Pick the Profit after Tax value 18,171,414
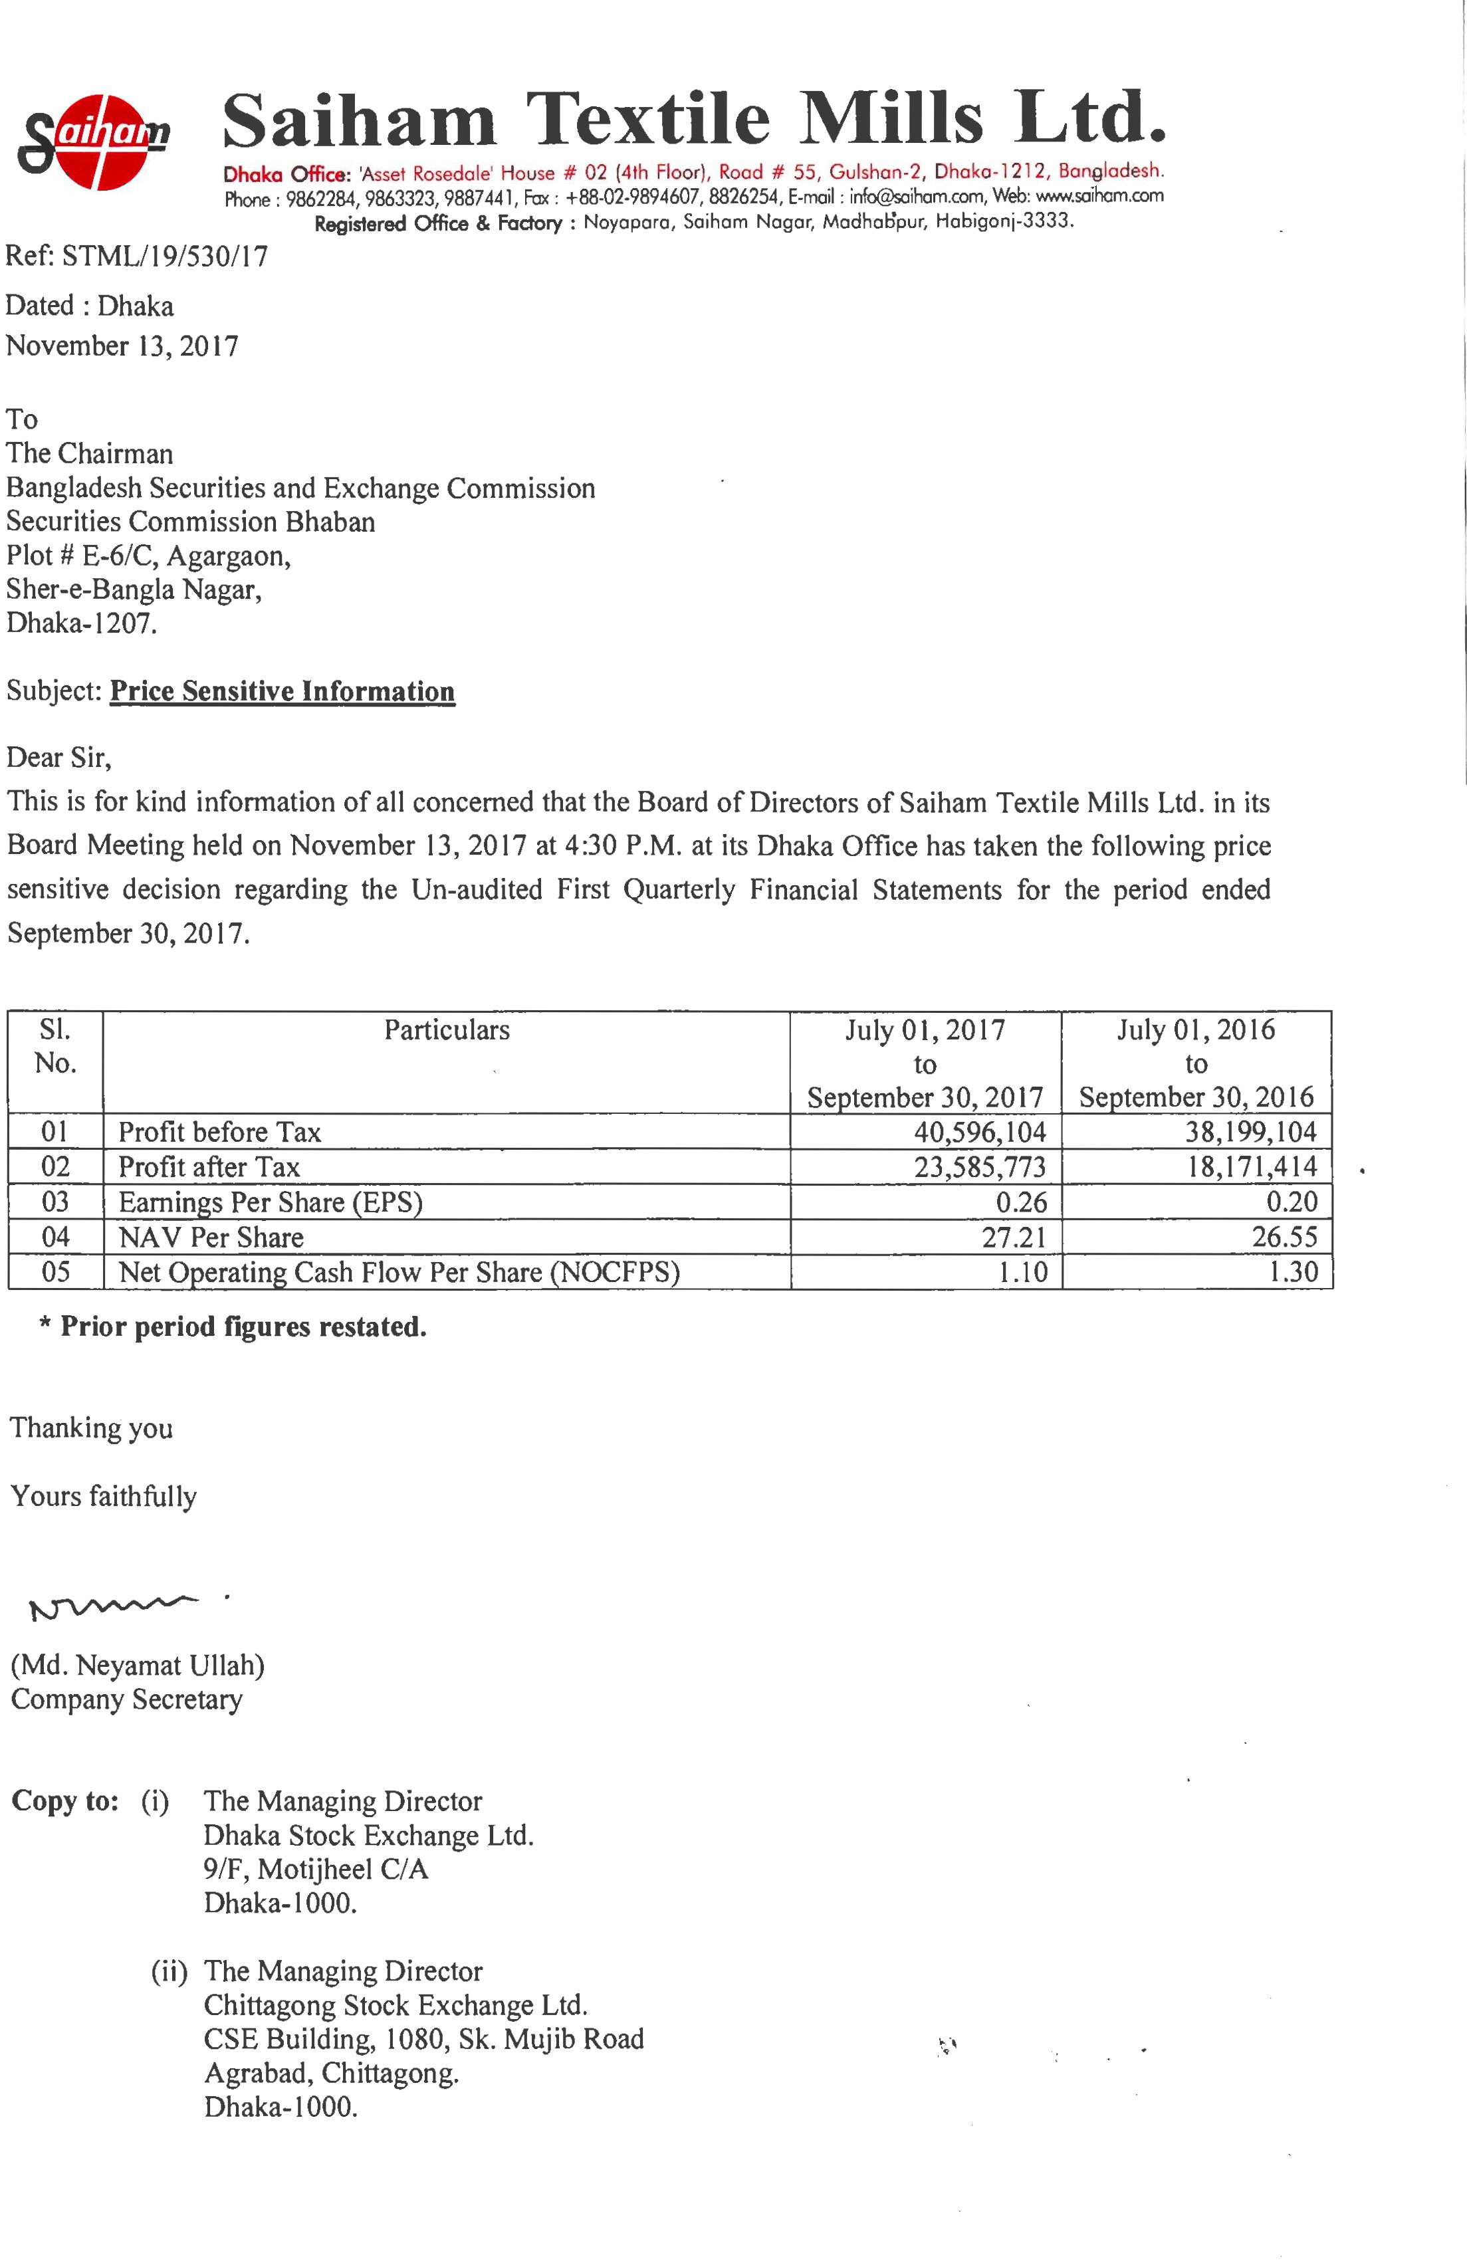click(1251, 1167)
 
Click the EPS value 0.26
click(1021, 1202)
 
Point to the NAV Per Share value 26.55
click(1292, 1238)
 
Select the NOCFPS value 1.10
click(1022, 1273)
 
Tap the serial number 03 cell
click(55, 1202)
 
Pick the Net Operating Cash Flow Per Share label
click(398, 1273)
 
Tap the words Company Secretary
click(127, 1699)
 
